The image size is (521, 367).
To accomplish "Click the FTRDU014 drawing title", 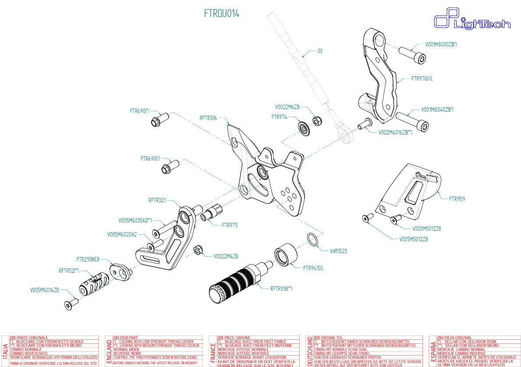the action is click(221, 14).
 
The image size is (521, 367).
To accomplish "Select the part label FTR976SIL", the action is click(422, 79).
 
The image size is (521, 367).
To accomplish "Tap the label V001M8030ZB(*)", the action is click(441, 44).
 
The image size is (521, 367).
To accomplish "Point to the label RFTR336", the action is click(208, 118).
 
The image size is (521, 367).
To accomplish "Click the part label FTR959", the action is click(457, 199).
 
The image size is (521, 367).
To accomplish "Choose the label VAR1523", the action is click(338, 251).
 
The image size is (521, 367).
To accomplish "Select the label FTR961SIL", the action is click(313, 268).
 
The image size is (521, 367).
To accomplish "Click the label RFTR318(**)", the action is click(281, 289).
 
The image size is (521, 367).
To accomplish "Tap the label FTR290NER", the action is click(88, 259).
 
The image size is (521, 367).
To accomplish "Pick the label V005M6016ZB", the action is click(44, 290).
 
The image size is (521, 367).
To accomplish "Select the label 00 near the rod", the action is click(320, 51).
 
